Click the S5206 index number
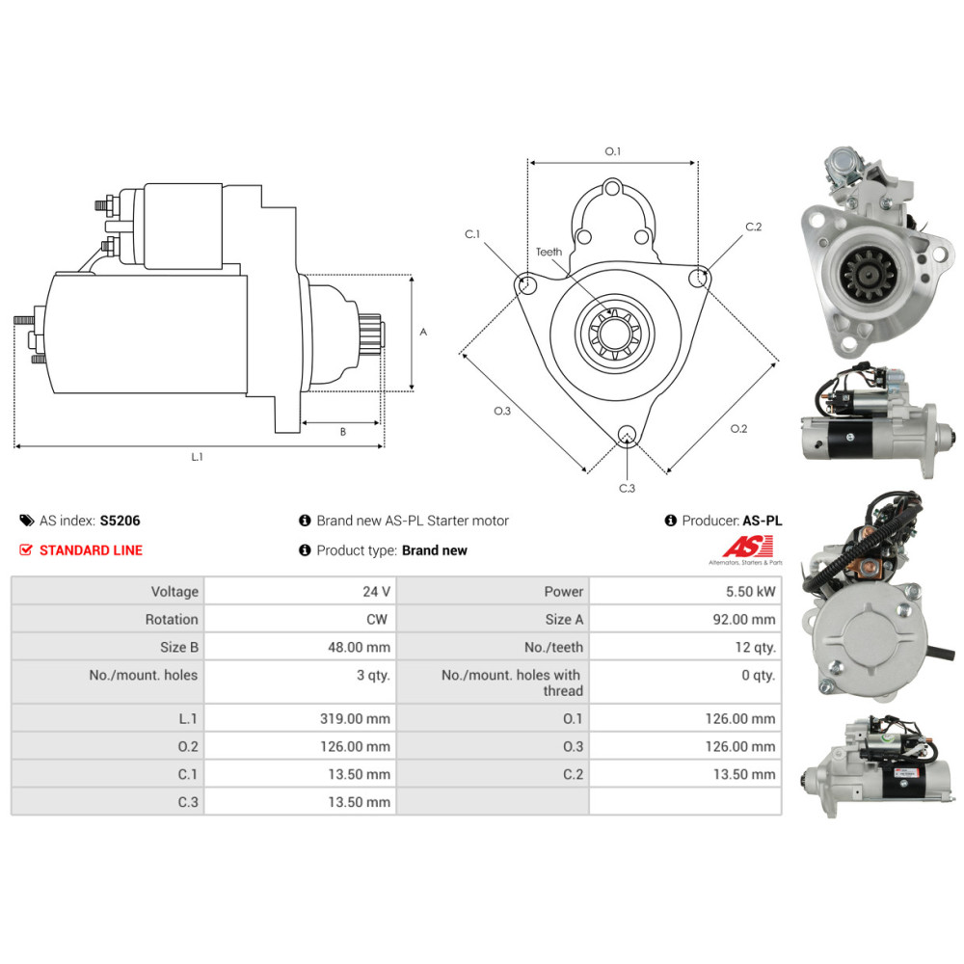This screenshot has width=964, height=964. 120,521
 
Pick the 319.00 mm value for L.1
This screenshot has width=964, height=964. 356,718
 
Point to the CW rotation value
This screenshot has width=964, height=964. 378,619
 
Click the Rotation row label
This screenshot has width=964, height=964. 172,619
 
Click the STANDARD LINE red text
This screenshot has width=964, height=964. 91,550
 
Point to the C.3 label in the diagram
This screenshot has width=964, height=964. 627,488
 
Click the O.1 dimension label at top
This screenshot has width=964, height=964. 613,151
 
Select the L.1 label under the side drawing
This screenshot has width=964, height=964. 197,457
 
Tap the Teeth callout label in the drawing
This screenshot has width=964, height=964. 549,253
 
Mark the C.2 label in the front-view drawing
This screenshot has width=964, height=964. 753,228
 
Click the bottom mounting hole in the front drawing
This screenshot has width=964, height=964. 627,435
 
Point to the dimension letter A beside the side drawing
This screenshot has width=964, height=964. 423,332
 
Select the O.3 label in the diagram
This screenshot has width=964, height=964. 502,412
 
